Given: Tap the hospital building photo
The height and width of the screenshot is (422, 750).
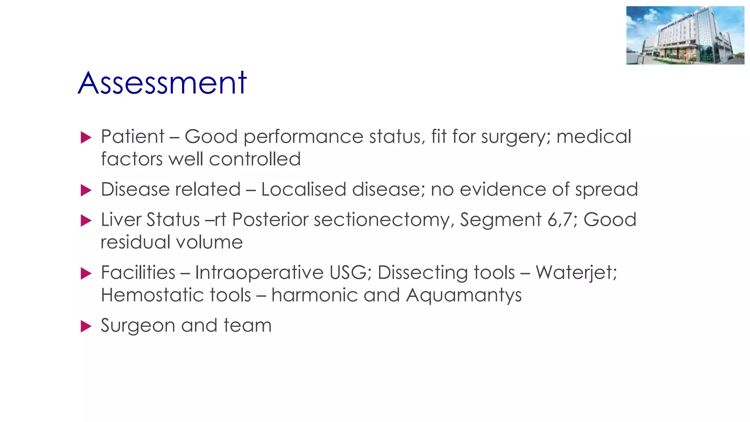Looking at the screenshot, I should (x=685, y=36).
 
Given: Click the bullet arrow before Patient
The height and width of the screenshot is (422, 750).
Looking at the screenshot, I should (x=86, y=138).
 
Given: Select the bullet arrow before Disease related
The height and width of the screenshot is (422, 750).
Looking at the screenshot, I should (x=86, y=190).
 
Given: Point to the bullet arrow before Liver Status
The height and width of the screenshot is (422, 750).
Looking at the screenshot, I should (x=86, y=221).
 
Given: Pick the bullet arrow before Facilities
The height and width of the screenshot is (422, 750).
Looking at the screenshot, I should (x=86, y=273).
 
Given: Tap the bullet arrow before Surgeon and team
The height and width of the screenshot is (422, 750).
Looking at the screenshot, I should (x=86, y=326).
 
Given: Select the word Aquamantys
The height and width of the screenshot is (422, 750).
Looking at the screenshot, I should (x=464, y=296).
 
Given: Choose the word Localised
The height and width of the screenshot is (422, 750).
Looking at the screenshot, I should (x=304, y=190).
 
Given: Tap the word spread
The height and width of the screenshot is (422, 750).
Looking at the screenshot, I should (x=606, y=190).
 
